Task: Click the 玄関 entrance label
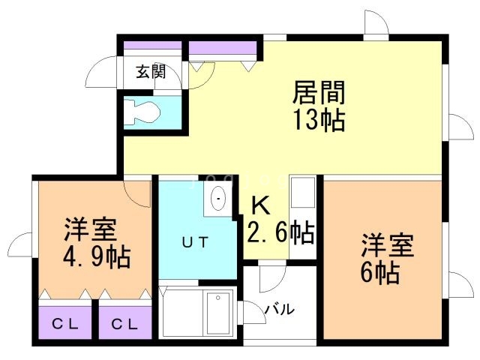coord(151,72)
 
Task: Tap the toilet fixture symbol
coord(142,112)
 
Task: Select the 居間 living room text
coord(319,92)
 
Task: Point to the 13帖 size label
coord(319,120)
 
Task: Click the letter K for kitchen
coord(260,205)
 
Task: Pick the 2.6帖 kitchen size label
coord(280,232)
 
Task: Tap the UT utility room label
coord(195,242)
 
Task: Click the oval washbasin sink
coord(218,198)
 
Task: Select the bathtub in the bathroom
coord(198,313)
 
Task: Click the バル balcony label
coord(280,310)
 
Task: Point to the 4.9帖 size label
coord(97,257)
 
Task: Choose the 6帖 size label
coord(380,273)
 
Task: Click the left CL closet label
coord(65,324)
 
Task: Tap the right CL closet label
coord(125,324)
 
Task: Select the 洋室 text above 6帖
coord(388,245)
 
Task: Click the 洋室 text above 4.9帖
coord(91,230)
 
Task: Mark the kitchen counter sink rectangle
coord(303,192)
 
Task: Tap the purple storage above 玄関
coord(153,45)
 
